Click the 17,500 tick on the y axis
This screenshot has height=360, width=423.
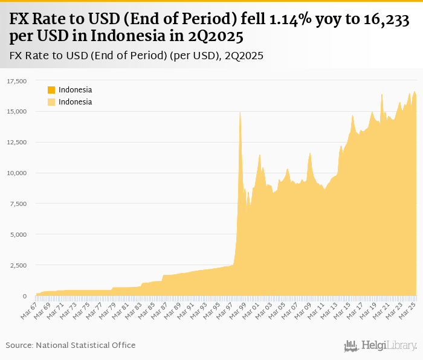click(x=18, y=81)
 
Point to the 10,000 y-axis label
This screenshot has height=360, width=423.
click(x=18, y=173)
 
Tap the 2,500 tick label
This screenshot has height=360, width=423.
click(x=20, y=265)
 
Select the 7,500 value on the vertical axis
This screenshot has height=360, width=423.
click(x=20, y=204)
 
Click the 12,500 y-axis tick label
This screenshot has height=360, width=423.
click(x=18, y=142)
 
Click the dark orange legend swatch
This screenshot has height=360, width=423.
click(x=51, y=90)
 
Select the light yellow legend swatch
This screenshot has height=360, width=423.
click(x=51, y=102)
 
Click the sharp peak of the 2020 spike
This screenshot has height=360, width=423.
click(x=382, y=94)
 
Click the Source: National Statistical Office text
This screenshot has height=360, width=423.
click(x=71, y=345)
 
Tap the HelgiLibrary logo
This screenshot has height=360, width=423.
click(x=380, y=346)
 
